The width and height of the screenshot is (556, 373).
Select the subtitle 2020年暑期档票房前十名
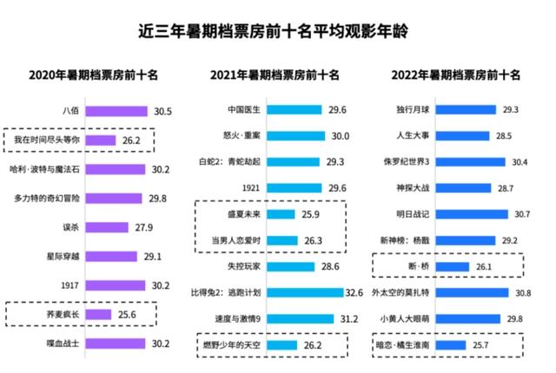[x=94, y=75]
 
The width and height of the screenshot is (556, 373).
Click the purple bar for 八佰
[x=117, y=111]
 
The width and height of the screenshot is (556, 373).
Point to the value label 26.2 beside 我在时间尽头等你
[x=132, y=140]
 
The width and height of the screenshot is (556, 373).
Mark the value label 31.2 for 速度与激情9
[x=349, y=318]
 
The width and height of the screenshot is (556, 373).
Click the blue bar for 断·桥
[x=457, y=266]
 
